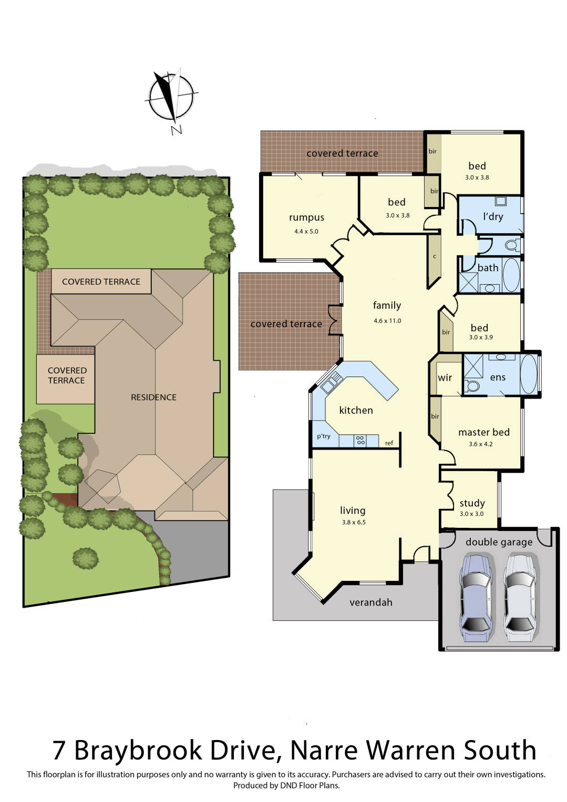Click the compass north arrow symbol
coord(170,97)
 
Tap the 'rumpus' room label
coord(306,217)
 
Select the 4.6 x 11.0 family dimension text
coord(387,321)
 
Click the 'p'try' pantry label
coord(324,436)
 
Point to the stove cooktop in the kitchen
coord(360,440)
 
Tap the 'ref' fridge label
coord(389,443)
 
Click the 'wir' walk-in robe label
coord(445,378)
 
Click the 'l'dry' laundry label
coord(493,216)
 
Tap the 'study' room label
coord(472,503)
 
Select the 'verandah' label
coord(371,602)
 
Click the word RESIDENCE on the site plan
coord(153,397)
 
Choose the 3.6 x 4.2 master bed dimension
coord(481,444)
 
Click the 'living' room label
coord(353,511)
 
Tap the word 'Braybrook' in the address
coord(174,750)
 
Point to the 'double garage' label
coord(499,542)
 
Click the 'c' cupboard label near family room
coord(435,257)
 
